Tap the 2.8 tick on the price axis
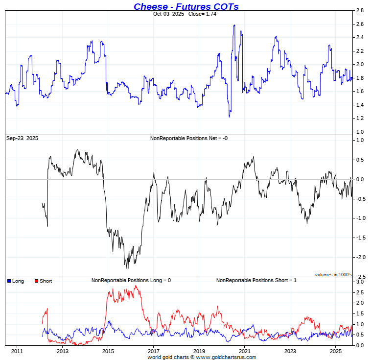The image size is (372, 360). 359,10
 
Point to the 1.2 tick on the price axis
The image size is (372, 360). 359,119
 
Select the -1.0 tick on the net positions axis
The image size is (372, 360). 360,218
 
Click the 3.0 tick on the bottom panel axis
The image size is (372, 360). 359,283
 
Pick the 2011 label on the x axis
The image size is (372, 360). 17,351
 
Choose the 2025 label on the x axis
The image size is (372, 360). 335,351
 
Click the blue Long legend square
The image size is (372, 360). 9,281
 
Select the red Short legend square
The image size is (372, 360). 36,281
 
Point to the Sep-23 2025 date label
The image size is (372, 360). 22,139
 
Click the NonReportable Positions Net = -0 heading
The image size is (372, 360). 188,139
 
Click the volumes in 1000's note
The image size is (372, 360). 333,275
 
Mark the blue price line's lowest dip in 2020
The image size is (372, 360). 229,117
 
